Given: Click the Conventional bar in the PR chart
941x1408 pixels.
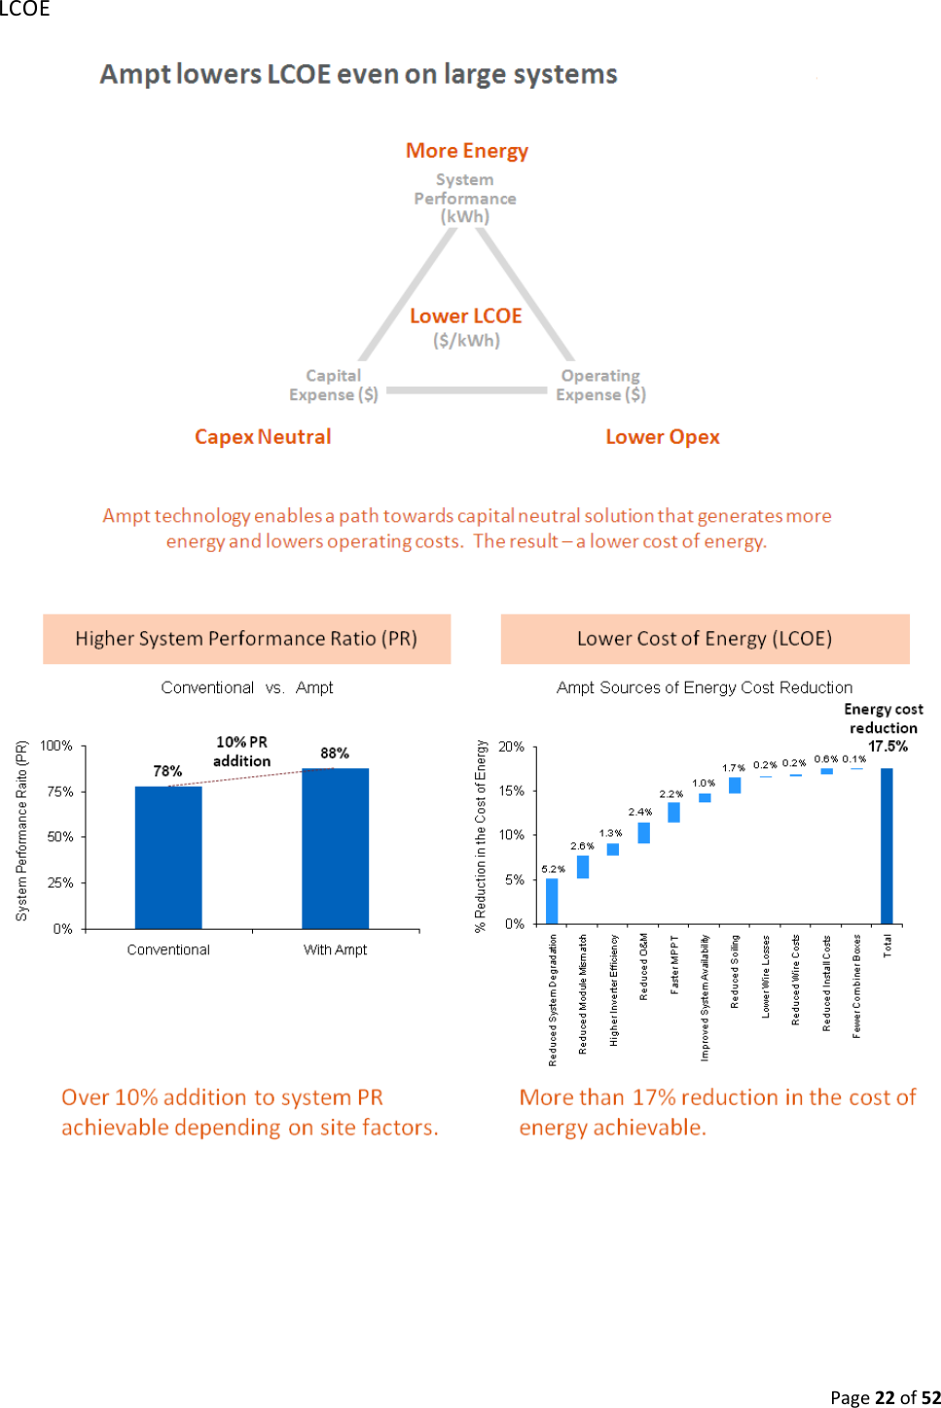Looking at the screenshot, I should pos(168,857).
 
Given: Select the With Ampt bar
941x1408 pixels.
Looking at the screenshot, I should pos(335,848).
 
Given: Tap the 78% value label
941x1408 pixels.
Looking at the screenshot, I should pos(167,771).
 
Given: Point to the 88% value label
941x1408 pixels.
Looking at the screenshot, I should pos(335,753).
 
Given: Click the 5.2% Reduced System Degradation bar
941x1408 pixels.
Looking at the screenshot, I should pos(552,901).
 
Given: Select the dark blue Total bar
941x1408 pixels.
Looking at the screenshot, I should pos(887,845).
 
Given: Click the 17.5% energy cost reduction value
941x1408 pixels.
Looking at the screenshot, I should pos(887,747).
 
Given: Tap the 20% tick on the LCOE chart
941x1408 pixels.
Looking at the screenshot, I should pos(511,747).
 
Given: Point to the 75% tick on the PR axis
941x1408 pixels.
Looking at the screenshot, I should pos(60,792).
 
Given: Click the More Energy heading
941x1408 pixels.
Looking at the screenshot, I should pos(467,151).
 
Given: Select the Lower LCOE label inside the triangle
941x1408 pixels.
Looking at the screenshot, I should pos(466,316).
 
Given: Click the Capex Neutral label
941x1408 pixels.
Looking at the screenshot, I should pos(263,437).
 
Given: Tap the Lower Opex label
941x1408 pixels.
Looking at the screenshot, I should pos(663,437).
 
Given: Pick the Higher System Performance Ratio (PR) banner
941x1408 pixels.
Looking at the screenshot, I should pos(246,639).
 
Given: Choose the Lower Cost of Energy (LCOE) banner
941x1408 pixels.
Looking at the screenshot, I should pos(705,639).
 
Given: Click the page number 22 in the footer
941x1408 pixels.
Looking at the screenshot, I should pos(885,1398).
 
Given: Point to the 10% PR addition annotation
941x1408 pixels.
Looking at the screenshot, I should pos(241,752).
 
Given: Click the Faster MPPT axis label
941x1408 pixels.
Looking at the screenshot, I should pos(674,964).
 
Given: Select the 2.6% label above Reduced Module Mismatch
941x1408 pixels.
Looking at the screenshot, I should pos(582,846).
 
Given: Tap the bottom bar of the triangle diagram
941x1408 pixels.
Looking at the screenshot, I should pos(467,390).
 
